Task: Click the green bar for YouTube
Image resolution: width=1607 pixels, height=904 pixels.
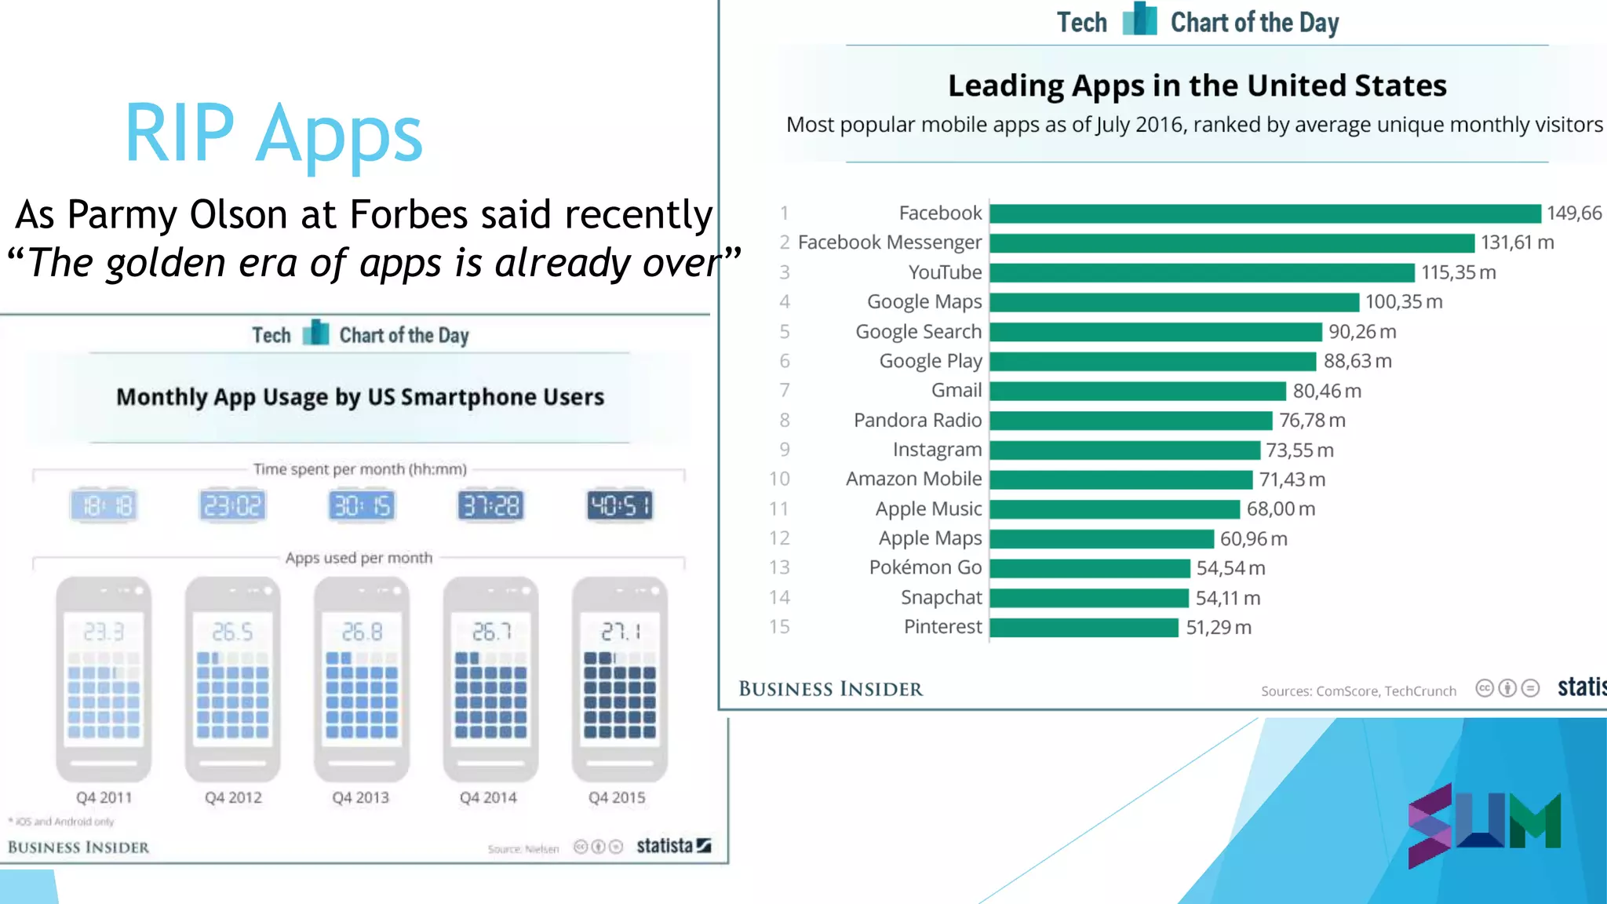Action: pyautogui.click(x=1201, y=272)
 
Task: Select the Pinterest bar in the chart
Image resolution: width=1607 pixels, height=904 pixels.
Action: pyautogui.click(x=1084, y=627)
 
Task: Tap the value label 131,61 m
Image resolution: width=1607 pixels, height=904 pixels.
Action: pyautogui.click(x=1517, y=242)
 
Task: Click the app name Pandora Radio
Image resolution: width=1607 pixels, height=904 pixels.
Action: pyautogui.click(x=917, y=420)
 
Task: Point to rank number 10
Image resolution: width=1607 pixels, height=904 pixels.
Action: pyautogui.click(x=778, y=479)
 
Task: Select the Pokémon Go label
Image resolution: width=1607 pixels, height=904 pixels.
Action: pyautogui.click(x=925, y=567)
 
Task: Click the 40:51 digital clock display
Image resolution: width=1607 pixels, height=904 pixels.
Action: pyautogui.click(x=619, y=505)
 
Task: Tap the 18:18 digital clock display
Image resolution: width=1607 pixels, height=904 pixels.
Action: pyautogui.click(x=104, y=505)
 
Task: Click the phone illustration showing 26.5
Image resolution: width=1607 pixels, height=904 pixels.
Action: pyautogui.click(x=232, y=679)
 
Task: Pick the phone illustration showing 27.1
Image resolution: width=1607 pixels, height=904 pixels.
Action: pyautogui.click(x=620, y=679)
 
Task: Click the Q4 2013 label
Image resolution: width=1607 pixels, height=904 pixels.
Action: pyautogui.click(x=360, y=797)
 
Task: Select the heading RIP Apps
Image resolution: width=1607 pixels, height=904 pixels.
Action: pyautogui.click(x=273, y=133)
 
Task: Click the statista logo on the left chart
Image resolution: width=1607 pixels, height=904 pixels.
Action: pyautogui.click(x=672, y=846)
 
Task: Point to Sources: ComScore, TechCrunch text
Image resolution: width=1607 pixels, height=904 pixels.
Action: pyautogui.click(x=1358, y=691)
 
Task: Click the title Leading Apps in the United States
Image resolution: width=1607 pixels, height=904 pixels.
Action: pyautogui.click(x=1197, y=85)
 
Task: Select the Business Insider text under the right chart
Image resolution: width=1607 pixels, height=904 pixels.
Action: pyautogui.click(x=830, y=689)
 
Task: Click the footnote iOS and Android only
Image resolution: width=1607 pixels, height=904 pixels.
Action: pyautogui.click(x=63, y=822)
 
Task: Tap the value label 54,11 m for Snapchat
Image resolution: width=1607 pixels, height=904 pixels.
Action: pyautogui.click(x=1227, y=598)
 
